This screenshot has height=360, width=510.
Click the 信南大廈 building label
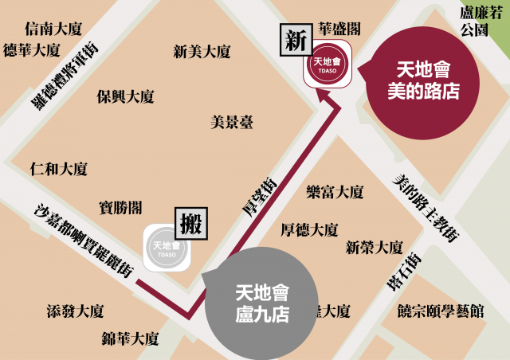click(53, 29)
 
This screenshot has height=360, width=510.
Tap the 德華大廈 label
click(32, 50)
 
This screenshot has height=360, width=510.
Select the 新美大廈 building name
click(202, 52)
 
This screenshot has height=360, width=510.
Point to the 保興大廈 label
click(125, 96)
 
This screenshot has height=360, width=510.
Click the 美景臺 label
click(232, 123)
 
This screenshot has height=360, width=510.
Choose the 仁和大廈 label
click(58, 169)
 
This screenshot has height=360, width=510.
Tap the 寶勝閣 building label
click(121, 207)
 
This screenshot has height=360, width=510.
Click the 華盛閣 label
click(339, 29)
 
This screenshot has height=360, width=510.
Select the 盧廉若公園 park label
click(479, 22)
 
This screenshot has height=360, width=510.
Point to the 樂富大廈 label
click(335, 192)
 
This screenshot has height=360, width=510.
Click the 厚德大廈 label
click(309, 229)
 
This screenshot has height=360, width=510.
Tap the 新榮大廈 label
click(374, 247)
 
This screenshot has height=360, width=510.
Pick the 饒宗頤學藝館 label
click(440, 311)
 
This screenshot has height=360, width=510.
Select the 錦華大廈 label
click(130, 338)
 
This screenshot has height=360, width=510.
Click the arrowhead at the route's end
click(324, 96)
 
